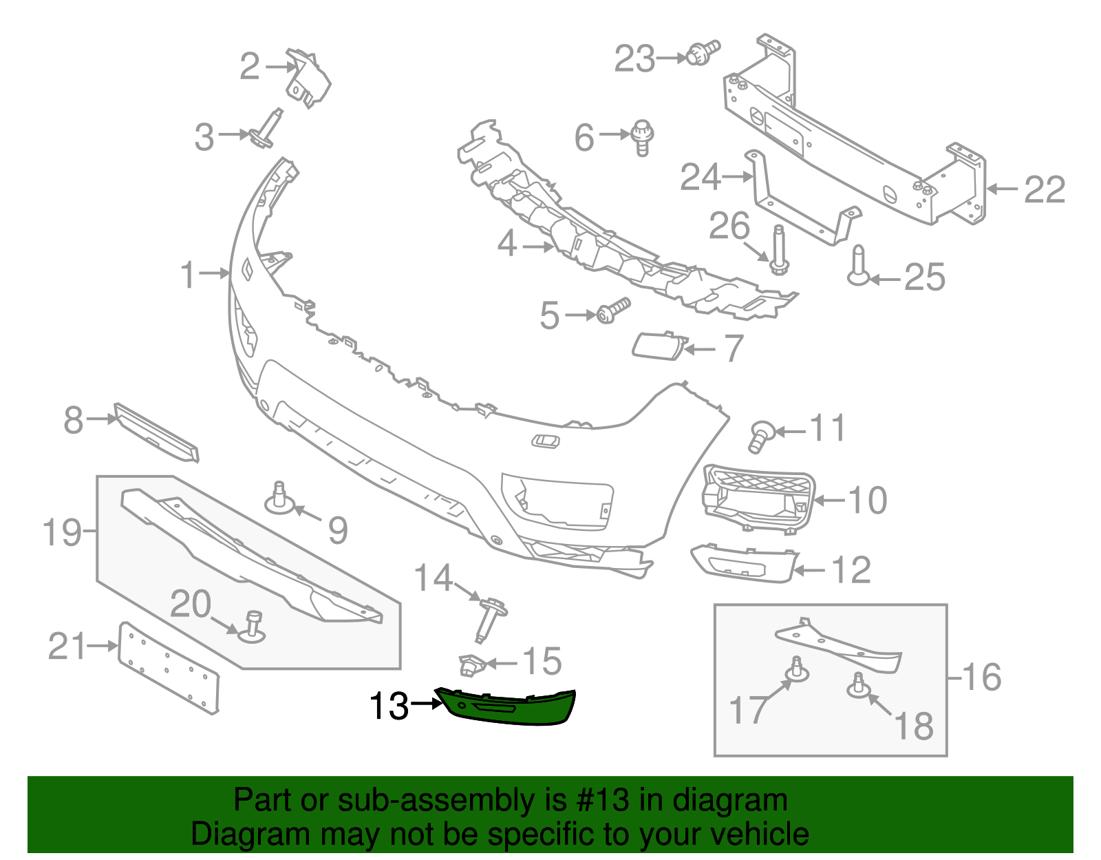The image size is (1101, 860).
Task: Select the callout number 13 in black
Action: [x=389, y=706]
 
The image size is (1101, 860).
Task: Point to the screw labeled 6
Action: [x=642, y=137]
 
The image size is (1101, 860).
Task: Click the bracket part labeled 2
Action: [x=308, y=78]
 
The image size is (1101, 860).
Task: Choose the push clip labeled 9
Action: [x=280, y=499]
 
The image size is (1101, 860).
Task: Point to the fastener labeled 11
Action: [x=760, y=436]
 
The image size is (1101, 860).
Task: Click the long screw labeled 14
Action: [x=491, y=619]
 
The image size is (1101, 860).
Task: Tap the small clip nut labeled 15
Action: [x=471, y=664]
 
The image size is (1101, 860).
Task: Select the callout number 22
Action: [x=1045, y=189]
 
